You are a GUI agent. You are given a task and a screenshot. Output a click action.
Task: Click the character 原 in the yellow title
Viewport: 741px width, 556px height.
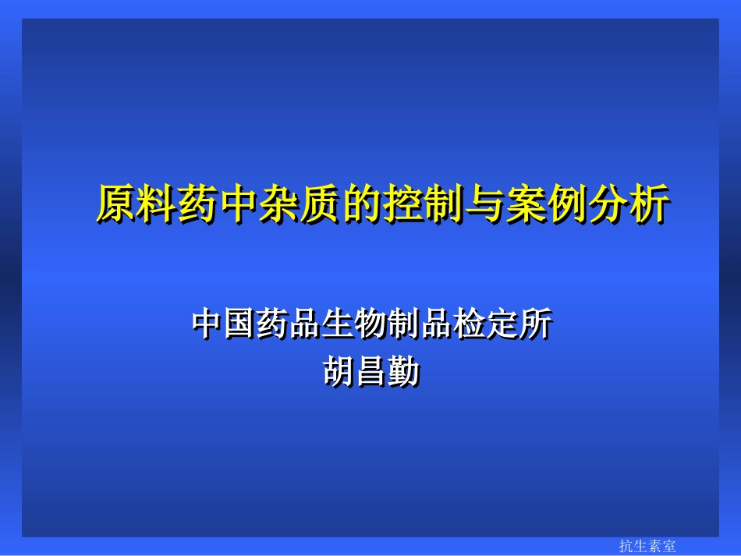116,205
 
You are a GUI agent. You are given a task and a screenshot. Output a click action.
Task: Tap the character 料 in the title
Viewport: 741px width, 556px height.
157,205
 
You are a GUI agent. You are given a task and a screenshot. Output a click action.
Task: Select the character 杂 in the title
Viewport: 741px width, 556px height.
280,205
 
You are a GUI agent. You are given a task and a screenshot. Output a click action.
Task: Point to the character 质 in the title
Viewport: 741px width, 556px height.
321,205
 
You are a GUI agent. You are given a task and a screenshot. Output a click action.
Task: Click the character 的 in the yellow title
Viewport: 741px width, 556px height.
362,205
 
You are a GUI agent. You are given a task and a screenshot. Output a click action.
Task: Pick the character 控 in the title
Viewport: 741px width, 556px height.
402,205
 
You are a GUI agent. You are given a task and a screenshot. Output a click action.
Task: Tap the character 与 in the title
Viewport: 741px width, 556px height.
484,205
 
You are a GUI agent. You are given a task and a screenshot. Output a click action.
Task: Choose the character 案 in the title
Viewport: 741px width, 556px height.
525,205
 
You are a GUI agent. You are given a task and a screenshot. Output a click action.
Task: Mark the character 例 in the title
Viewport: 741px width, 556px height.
566,205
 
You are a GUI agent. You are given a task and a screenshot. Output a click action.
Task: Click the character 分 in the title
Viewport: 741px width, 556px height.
607,205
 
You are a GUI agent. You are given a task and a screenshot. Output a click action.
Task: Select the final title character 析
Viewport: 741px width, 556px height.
648,205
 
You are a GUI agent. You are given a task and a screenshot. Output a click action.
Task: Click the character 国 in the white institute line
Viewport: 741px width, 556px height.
240,325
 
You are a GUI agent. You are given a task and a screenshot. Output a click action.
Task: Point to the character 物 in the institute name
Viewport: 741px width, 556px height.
370,325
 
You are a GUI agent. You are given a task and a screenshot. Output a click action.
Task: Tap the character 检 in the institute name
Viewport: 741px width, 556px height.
469,325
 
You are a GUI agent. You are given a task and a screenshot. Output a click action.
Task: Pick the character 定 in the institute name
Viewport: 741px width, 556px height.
502,325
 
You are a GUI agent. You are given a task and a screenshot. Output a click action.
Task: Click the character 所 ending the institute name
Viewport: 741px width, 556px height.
534,325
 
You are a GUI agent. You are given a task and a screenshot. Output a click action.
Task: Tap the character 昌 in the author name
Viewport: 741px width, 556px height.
371,370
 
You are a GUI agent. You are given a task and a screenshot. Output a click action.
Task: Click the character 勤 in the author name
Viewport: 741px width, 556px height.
404,370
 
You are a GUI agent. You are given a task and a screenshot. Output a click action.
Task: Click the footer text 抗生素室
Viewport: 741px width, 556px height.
647,547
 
